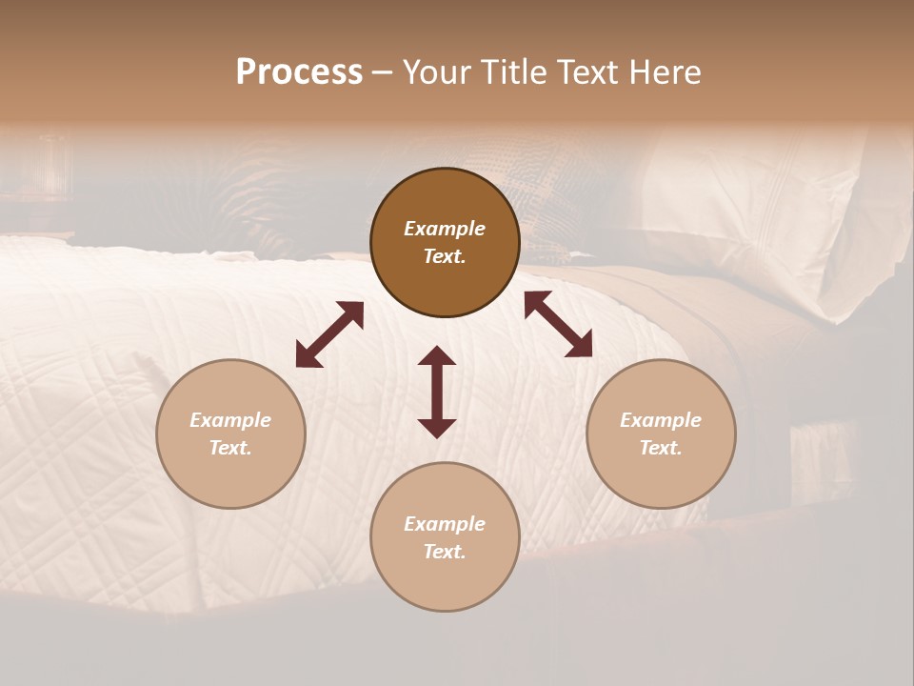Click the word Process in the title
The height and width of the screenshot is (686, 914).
[x=299, y=72]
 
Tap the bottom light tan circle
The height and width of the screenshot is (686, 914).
[x=445, y=581]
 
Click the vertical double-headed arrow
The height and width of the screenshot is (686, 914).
[x=437, y=392]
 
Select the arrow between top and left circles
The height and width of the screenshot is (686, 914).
[x=329, y=334]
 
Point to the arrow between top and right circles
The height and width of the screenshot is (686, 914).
[x=559, y=324]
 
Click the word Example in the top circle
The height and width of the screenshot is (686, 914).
[x=445, y=229]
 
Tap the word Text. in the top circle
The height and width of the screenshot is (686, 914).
[x=445, y=256]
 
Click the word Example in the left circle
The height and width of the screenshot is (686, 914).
[x=230, y=420]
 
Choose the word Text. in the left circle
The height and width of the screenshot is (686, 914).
[x=230, y=448]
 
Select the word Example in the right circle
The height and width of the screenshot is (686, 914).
[x=661, y=420]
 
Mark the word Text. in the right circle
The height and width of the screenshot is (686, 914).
[x=661, y=448]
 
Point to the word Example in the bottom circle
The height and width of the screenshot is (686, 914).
[x=445, y=524]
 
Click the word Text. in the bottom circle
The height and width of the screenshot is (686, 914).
[x=445, y=552]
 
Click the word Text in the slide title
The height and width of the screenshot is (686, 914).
[x=586, y=72]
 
